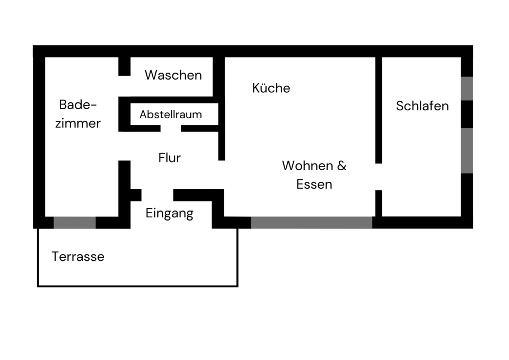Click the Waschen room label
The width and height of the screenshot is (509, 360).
point(173,75)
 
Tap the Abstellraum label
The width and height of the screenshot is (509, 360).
point(171,115)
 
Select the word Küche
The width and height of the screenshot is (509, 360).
point(271,88)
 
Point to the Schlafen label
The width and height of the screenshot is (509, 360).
point(422,106)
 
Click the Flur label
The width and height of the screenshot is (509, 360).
point(169,158)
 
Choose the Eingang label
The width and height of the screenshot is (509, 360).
point(169,214)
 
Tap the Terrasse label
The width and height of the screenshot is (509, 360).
point(78,257)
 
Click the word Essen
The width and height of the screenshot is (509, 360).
point(314,185)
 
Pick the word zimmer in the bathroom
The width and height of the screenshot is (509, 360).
point(78,124)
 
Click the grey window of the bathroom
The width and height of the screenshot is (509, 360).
point(75,222)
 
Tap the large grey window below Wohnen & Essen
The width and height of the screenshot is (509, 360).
point(311,222)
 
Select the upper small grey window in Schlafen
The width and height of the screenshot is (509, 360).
point(467,89)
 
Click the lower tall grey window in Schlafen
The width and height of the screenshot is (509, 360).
point(467,151)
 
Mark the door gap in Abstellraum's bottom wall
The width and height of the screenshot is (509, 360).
point(171,128)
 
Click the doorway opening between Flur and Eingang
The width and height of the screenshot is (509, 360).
point(157,195)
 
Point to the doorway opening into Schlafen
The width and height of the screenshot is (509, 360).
point(379,177)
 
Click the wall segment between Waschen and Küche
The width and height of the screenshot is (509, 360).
point(218,77)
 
